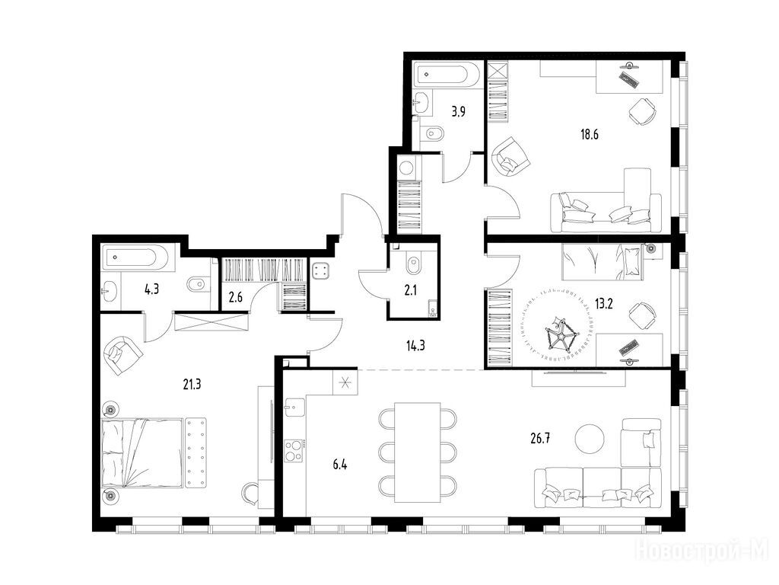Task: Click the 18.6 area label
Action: pos(590,134)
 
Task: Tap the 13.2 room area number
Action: pos(603,303)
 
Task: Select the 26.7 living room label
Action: pos(540,438)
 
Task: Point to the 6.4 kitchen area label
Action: pos(340,465)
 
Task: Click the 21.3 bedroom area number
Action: pos(191,384)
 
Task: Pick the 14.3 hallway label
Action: pos(415,345)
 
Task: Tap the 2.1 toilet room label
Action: pos(410,290)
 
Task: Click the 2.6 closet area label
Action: pos(236,298)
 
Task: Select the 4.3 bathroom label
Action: pos(151,289)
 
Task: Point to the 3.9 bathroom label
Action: pos(458,111)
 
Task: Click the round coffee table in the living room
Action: pos(590,438)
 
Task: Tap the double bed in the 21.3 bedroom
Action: pos(142,452)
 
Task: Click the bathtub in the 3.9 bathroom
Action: pos(448,75)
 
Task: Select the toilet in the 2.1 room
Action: pos(413,267)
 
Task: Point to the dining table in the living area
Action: pos(418,452)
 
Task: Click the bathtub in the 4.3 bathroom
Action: pos(138,258)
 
